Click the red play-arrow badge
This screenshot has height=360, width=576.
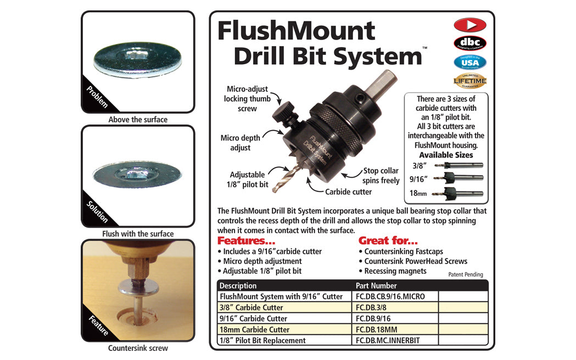coord(469,25)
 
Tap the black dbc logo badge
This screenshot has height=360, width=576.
coord(469,43)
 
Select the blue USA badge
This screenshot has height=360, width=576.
coord(469,62)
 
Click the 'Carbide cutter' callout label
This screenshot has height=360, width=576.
coord(348,192)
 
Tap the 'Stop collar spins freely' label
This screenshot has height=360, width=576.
coord(381,176)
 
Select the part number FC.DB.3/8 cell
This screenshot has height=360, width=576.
coord(374,307)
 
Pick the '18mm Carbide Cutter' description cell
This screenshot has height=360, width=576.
coord(254,329)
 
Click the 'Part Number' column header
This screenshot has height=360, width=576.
coord(377,285)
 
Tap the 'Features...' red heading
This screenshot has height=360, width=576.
coord(246,241)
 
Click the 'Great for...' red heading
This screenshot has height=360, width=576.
coord(388,241)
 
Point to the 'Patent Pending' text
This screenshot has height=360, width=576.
coord(466,274)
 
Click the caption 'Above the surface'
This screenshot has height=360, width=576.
coord(138,120)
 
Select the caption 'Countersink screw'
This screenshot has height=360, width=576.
coord(138,348)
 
